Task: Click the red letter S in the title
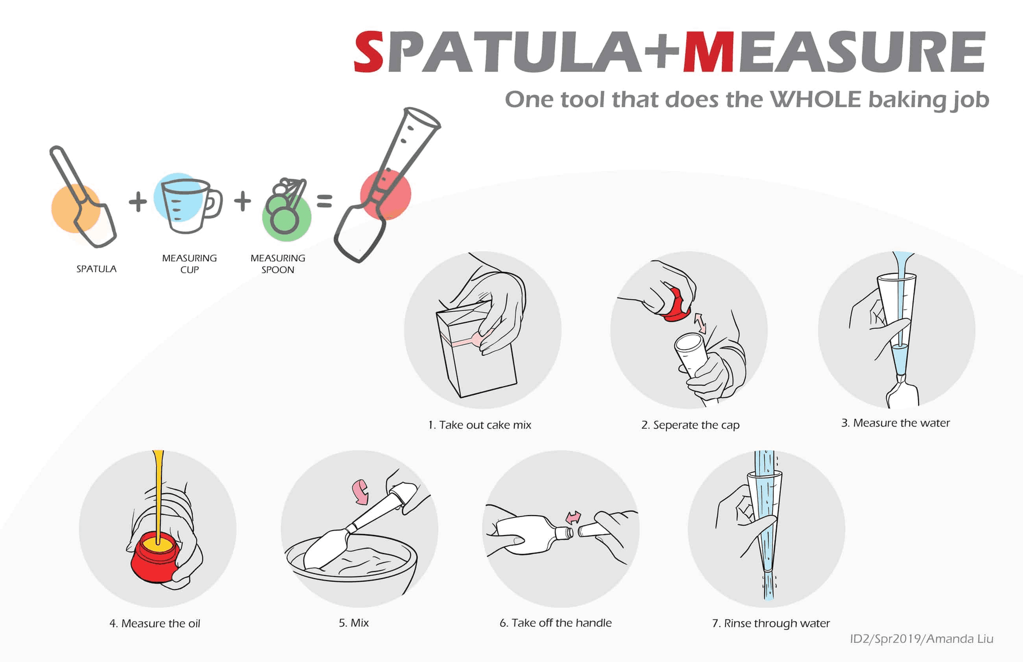click(x=369, y=52)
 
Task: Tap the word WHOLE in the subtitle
click(x=815, y=99)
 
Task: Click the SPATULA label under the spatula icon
click(x=96, y=269)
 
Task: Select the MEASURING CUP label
click(x=189, y=264)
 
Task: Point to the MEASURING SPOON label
click(x=278, y=264)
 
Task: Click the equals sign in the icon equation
click(x=325, y=201)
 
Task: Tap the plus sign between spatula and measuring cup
click(x=138, y=201)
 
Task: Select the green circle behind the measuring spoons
click(x=287, y=218)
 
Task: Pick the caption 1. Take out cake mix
click(x=480, y=425)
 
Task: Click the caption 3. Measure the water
click(x=895, y=423)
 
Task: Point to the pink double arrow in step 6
click(x=573, y=518)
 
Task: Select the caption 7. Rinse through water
click(x=771, y=624)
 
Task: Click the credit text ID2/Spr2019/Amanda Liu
click(x=922, y=639)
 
